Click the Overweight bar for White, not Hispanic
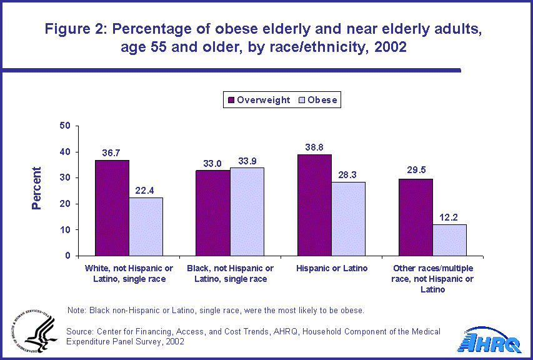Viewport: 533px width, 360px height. [112, 208]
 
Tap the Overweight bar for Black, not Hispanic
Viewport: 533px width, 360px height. [213, 213]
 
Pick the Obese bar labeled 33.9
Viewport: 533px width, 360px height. [247, 212]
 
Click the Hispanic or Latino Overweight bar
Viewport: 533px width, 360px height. [314, 205]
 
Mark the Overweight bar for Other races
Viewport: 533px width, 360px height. [416, 217]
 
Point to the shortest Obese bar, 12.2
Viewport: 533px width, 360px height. [449, 240]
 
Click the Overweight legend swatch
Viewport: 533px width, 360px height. [230, 99]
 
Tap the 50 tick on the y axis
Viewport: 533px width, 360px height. [64, 126]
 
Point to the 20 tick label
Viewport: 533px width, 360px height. [64, 204]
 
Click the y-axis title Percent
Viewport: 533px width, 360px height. [36, 188]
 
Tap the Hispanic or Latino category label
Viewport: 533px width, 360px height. [331, 269]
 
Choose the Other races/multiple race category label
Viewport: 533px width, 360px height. [432, 279]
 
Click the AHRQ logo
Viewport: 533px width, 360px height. [494, 340]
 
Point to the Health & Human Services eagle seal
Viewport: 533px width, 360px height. [30, 331]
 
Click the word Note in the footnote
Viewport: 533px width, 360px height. [76, 311]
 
